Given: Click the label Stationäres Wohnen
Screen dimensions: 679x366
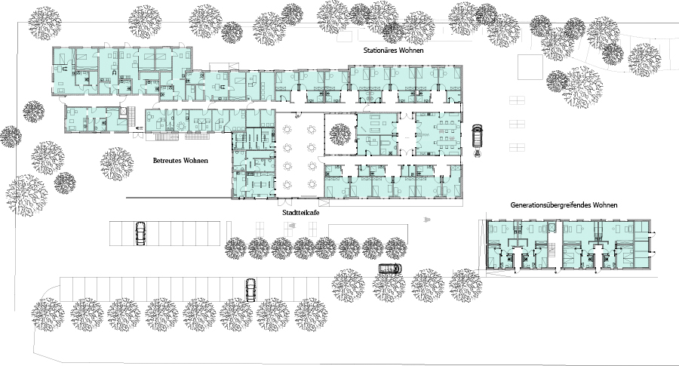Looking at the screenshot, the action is (393, 51).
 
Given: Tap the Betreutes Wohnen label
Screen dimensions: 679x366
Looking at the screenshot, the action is (180, 161).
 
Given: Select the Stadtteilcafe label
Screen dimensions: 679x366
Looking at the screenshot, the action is (301, 213).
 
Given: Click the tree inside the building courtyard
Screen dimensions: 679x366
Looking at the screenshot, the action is (340, 134).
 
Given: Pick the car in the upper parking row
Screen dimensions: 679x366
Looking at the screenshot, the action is (140, 233).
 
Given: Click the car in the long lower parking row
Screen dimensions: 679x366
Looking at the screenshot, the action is (250, 290).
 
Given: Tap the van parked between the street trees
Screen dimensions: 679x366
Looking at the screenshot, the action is (390, 269).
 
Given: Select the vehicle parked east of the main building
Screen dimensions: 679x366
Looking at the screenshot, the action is (477, 136).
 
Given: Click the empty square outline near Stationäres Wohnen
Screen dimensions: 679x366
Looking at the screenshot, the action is (530, 66).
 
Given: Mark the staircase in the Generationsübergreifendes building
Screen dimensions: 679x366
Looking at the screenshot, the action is (552, 250).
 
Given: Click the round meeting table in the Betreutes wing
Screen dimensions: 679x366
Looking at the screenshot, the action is (180, 126).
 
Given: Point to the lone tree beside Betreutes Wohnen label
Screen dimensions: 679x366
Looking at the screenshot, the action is (116, 164).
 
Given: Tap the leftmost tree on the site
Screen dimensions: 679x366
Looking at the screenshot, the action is (11, 137).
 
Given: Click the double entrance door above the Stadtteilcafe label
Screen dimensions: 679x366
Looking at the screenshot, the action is (285, 201).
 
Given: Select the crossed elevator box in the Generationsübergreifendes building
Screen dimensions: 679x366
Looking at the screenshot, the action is (551, 228).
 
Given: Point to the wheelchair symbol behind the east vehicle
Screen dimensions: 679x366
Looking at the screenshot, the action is (477, 153).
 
